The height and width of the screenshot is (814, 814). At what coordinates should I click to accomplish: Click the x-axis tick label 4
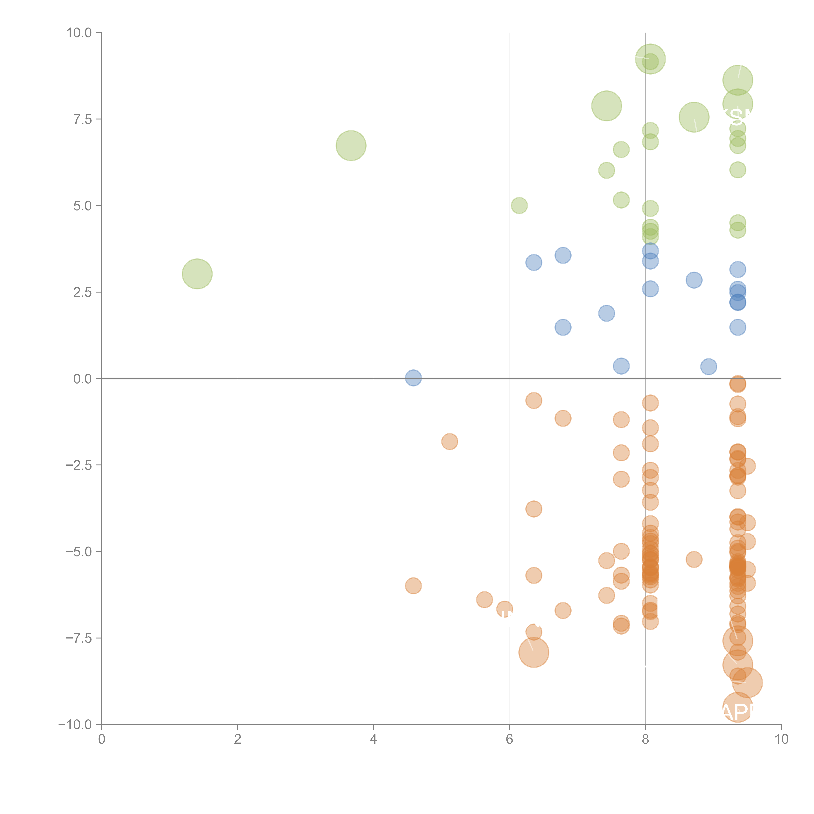coord(373,739)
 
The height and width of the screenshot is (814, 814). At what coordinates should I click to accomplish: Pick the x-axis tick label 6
coord(509,739)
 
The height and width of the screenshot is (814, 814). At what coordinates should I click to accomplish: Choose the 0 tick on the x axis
coord(102,739)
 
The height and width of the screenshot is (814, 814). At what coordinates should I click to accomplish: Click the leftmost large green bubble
coord(197,274)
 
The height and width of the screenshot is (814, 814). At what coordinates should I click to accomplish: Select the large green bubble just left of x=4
coord(351,146)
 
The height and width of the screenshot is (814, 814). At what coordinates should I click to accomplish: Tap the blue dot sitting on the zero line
coord(413,378)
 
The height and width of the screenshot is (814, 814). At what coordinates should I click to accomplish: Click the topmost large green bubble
coord(650,59)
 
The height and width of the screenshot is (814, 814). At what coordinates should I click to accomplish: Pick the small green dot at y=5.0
coord(519,206)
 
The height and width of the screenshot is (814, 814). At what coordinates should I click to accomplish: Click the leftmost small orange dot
coord(413,586)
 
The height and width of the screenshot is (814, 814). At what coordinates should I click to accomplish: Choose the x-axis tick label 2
coord(238,739)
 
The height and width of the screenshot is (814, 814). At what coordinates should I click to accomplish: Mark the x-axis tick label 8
coord(645,739)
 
